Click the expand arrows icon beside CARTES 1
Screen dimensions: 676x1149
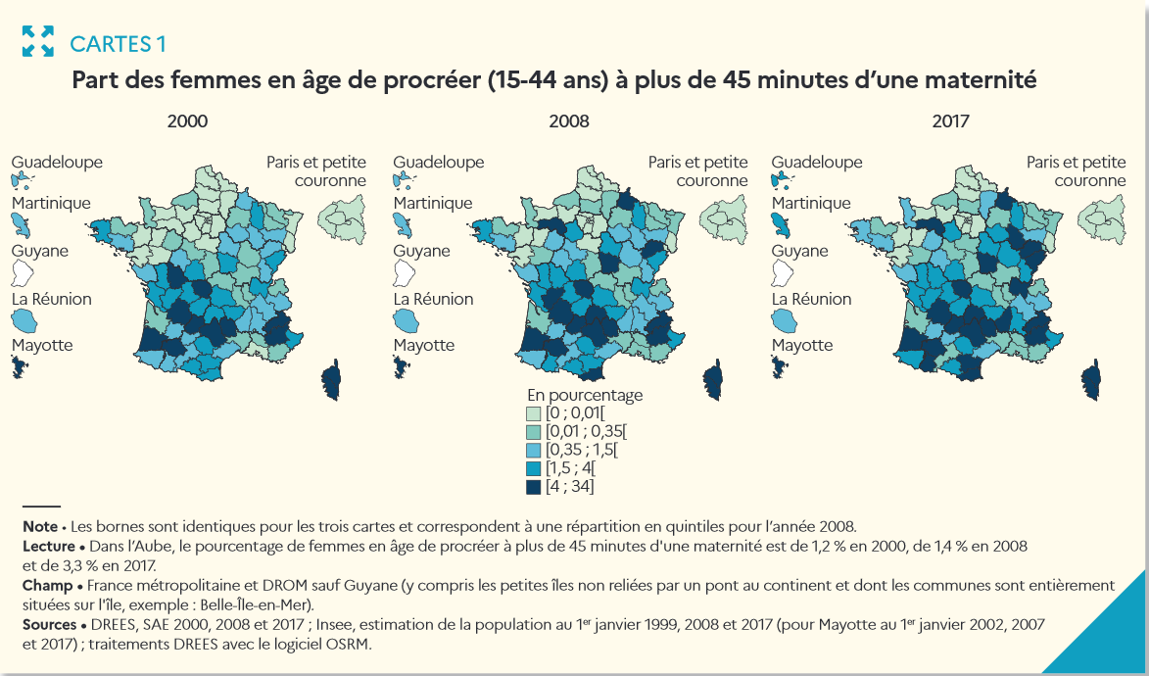[x=38, y=41]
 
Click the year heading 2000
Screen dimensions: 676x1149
[x=187, y=121]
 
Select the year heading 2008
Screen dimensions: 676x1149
[x=569, y=121]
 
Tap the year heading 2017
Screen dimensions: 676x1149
[x=950, y=121]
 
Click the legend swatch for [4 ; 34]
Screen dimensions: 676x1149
[x=534, y=486]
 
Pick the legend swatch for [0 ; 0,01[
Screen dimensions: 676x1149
[x=534, y=412]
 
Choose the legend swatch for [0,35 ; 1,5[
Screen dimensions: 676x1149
[x=534, y=450]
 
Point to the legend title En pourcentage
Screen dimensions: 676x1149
[x=585, y=394]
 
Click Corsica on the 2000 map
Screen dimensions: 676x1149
[x=331, y=379]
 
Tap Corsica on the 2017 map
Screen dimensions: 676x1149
[x=1092, y=379]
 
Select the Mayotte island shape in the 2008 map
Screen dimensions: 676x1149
[x=401, y=366]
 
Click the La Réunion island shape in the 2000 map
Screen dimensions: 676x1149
[x=24, y=320]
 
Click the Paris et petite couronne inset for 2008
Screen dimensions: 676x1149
[x=722, y=217]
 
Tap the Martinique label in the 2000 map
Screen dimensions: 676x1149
[x=51, y=203]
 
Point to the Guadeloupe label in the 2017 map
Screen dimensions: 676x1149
[x=817, y=163]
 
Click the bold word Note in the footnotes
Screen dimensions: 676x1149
[x=39, y=526]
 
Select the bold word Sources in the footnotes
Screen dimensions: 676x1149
[x=49, y=624]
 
